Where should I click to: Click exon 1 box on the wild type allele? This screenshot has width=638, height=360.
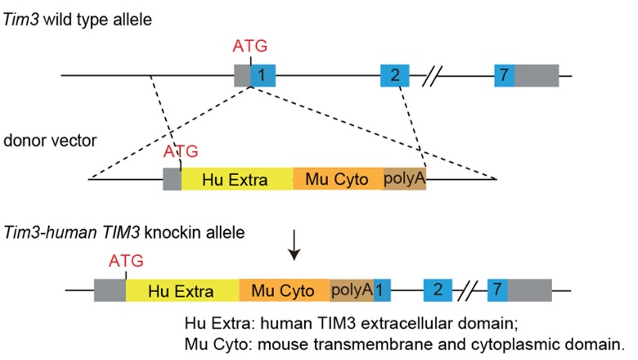(263, 76)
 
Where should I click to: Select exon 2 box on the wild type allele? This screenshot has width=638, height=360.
(395, 76)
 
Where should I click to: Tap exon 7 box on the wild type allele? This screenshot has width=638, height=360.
(505, 76)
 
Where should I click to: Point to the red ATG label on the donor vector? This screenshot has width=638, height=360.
(181, 151)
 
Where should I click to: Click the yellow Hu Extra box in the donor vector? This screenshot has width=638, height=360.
(236, 178)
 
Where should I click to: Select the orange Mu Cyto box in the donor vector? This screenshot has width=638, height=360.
(337, 178)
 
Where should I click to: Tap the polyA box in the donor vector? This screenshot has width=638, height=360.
(404, 178)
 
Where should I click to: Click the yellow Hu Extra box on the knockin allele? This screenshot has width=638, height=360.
(182, 290)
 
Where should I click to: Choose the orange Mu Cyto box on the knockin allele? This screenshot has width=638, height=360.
(285, 290)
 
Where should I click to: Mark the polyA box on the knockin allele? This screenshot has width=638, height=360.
(351, 290)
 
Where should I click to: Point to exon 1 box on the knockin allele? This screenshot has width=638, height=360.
(382, 290)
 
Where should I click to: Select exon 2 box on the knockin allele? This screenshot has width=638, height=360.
(438, 290)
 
